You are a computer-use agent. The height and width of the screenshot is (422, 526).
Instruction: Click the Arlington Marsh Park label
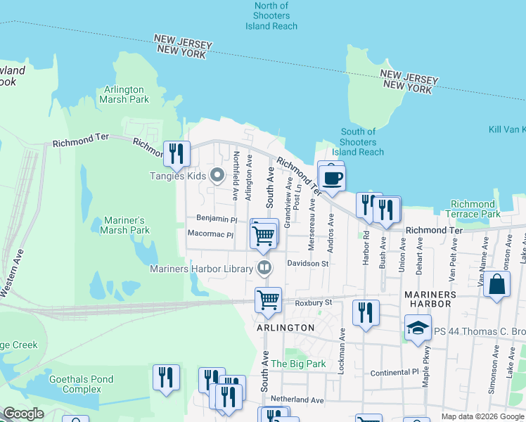pyautogui.click(x=124, y=94)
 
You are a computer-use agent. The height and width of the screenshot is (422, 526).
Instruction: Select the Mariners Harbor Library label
pyautogui.click(x=201, y=269)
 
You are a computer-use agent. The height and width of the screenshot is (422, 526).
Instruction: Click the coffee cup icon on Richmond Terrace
pyautogui.click(x=332, y=177)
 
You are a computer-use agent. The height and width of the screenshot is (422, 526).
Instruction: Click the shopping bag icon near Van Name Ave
pyautogui.click(x=496, y=286)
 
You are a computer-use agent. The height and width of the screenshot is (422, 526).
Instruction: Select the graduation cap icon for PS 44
pyautogui.click(x=418, y=328)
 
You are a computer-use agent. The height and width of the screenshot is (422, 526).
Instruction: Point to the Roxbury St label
pyautogui.click(x=312, y=303)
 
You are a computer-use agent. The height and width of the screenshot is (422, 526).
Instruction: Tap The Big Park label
pyautogui.click(x=299, y=364)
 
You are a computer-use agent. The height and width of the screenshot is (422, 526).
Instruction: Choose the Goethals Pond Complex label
pyautogui.click(x=81, y=384)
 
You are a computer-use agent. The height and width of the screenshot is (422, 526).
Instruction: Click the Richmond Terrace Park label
pyautogui.click(x=473, y=209)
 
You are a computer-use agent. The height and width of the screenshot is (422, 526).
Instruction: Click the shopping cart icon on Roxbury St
pyautogui.click(x=268, y=300)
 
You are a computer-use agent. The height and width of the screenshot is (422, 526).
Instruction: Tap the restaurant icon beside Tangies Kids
pyautogui.click(x=176, y=153)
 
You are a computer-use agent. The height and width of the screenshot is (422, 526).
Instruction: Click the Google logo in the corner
pyautogui.click(x=24, y=414)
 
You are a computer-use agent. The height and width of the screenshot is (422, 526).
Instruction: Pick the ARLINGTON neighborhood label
pyautogui.click(x=286, y=328)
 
